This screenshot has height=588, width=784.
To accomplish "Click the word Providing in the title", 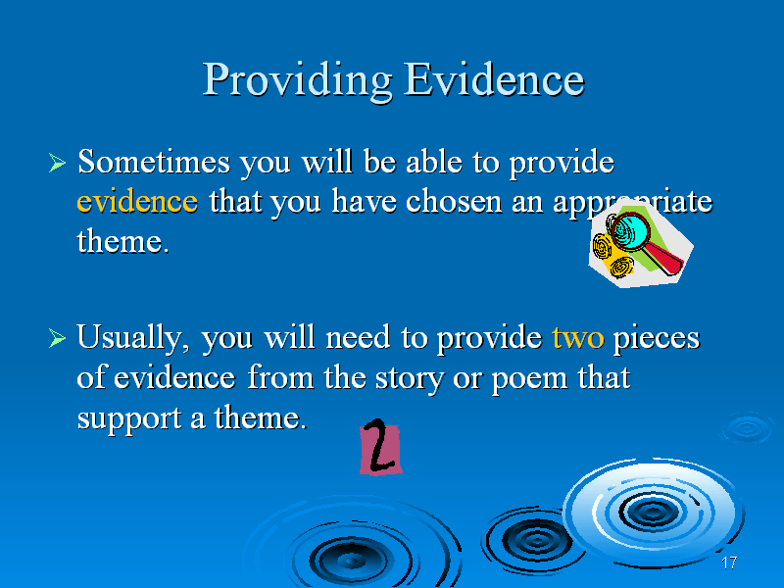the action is [x=297, y=81].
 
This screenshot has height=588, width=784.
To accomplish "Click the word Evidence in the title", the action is [x=494, y=79].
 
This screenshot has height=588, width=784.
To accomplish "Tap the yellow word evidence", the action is [x=137, y=201].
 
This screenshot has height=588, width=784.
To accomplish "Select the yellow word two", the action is [x=578, y=337].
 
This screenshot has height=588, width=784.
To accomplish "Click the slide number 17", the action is [x=729, y=563].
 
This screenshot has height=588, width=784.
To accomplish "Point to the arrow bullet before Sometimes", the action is [x=57, y=163].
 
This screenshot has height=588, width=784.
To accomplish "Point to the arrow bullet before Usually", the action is [x=57, y=338].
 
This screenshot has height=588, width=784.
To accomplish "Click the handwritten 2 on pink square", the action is [x=380, y=447].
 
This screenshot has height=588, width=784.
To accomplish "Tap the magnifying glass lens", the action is [x=630, y=231].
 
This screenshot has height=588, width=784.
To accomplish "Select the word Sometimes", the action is [x=154, y=162].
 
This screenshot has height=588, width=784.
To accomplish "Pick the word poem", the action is [x=529, y=379].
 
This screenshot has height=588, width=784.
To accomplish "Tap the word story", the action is [x=409, y=379].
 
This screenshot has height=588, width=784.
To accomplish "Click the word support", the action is [x=129, y=419].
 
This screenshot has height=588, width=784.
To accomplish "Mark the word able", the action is [x=433, y=162].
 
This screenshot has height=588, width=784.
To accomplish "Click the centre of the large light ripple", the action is [x=652, y=511].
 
